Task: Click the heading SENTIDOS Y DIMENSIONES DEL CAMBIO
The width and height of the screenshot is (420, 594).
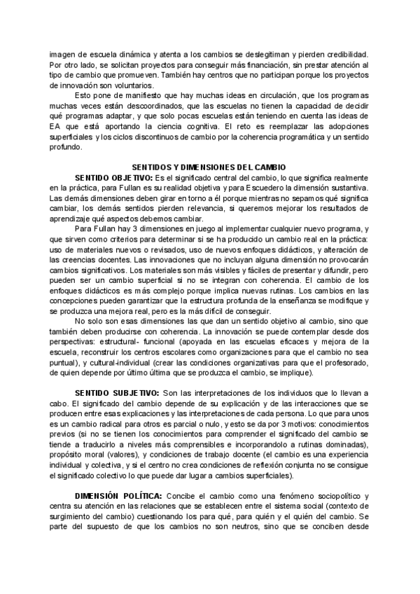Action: click(x=209, y=168)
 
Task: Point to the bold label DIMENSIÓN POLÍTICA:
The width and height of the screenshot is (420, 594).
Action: click(x=117, y=496)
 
